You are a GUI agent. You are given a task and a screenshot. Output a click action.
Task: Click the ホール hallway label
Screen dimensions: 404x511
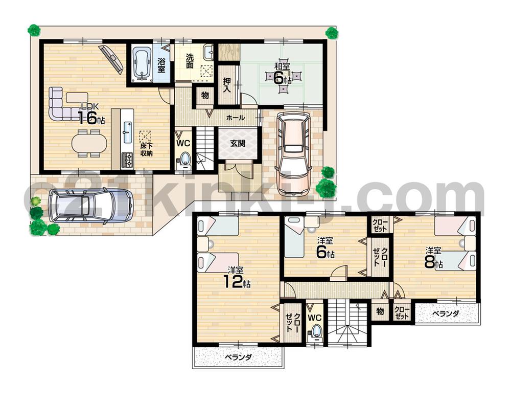point(235,118)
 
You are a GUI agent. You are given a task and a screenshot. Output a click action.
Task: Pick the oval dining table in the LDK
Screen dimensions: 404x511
point(90,143)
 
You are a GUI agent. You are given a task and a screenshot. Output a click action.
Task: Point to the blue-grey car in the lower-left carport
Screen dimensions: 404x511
point(90,205)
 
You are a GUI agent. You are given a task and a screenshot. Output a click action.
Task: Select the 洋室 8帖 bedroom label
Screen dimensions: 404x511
point(435,258)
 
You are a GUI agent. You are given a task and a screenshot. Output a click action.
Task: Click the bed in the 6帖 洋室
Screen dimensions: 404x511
point(295,237)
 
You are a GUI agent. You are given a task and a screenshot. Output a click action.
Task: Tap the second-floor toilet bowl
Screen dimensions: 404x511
point(316,331)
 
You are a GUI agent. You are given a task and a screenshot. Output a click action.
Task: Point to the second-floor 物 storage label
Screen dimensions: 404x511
point(380,310)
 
